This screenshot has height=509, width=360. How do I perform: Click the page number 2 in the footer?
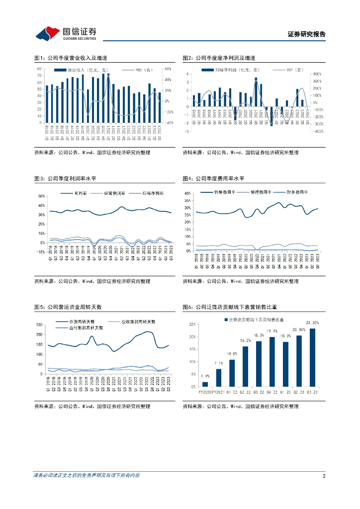[323, 476]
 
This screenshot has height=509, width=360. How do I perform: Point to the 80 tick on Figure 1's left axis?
[39, 69]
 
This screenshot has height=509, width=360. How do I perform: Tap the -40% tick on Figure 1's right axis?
[169, 122]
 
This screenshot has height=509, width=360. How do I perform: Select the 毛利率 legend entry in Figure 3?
[75, 193]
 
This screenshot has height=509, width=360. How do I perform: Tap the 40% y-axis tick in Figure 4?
[187, 193]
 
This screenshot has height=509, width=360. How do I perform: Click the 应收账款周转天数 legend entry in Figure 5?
[132, 322]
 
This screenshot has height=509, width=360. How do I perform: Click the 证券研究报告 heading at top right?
[307, 34]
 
